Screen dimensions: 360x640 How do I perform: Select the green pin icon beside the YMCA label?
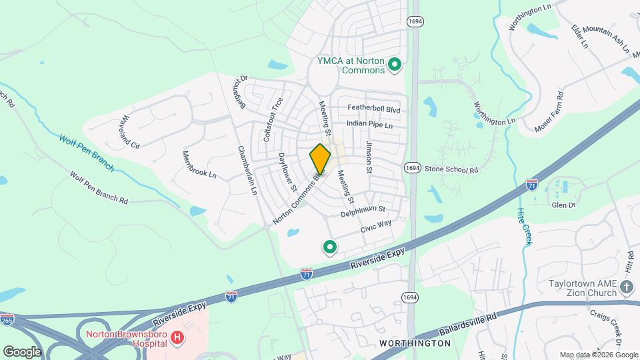pyautogui.click(x=394, y=65)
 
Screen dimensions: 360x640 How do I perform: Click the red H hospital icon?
pyautogui.click(x=177, y=338)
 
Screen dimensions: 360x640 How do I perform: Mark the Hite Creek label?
pyautogui.click(x=523, y=227)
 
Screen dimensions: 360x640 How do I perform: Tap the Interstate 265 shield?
pyautogui.click(x=7, y=320)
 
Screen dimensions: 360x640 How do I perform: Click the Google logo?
pyautogui.click(x=22, y=351)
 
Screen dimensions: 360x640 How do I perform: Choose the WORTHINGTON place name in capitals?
pyautogui.click(x=415, y=343)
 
